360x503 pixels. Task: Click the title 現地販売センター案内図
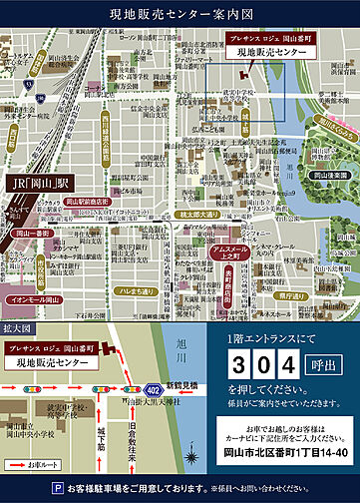[180, 14]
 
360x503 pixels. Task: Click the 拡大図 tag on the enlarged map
[20, 298]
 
